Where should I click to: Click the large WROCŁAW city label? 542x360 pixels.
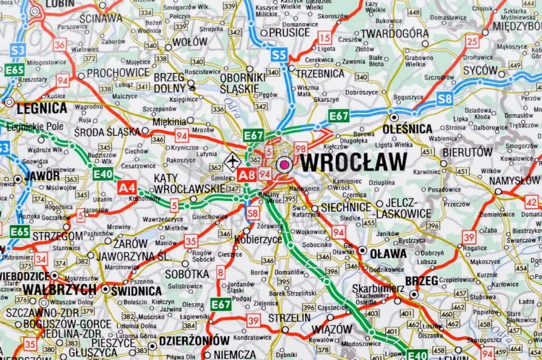coord(353,162)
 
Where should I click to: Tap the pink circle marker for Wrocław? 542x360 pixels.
coord(284,165)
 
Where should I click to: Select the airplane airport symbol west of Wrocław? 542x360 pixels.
coord(231,161)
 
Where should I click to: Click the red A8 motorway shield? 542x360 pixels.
coord(246,174)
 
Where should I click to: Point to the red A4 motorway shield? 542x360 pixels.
coord(126,187)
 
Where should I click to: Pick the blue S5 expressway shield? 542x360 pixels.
coord(279,54)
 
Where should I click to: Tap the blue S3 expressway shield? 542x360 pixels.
coord(17,50)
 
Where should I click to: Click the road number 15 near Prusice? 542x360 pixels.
coord(325,38)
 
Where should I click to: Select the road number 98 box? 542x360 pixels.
coord(301,148)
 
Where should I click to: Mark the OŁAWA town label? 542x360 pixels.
coord(388,253)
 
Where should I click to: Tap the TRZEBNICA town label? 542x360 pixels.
coord(319,73)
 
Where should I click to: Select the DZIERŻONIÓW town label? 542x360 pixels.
coord(194,340)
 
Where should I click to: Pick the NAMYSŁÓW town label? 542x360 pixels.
coord(514,180)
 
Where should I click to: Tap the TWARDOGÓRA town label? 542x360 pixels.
coord(395,33)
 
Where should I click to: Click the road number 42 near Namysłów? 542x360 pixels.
coord(531,202)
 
